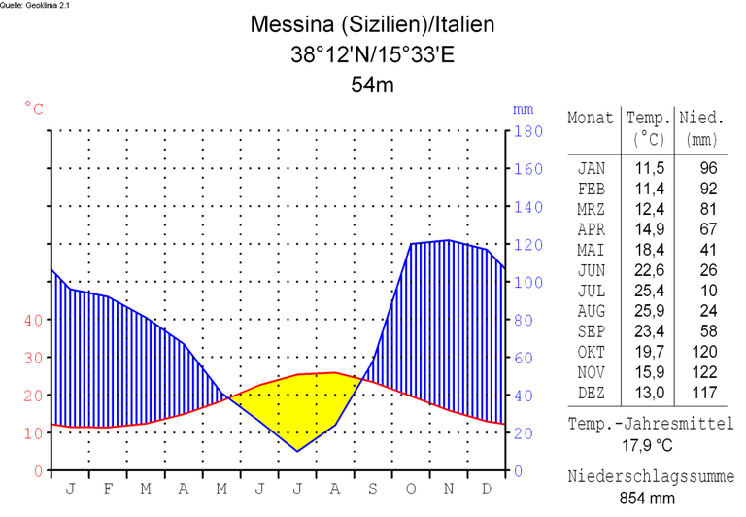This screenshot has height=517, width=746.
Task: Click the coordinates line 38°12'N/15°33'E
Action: tap(372, 54)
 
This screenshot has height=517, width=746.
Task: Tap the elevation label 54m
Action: tap(372, 86)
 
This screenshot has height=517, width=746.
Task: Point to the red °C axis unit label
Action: tap(34, 108)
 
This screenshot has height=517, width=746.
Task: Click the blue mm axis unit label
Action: tap(523, 109)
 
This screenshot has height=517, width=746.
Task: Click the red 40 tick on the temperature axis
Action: tap(33, 320)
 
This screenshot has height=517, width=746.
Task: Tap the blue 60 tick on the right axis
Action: tap(525, 358)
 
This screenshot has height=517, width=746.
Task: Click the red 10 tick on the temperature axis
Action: tap(33, 433)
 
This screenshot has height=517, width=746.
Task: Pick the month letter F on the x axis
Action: tap(108, 489)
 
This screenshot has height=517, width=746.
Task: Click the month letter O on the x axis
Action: tap(411, 489)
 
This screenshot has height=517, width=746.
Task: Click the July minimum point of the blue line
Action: tap(298, 451)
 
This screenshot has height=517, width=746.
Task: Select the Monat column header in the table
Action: tap(591, 118)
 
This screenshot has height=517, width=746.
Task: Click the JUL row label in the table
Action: tap(591, 291)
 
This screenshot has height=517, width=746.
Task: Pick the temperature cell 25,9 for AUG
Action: tap(649, 311)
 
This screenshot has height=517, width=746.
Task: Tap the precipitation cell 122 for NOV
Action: tap(702, 372)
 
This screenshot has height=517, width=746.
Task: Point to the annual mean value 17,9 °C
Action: tap(649, 446)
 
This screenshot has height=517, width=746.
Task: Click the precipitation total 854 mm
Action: tap(649, 498)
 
